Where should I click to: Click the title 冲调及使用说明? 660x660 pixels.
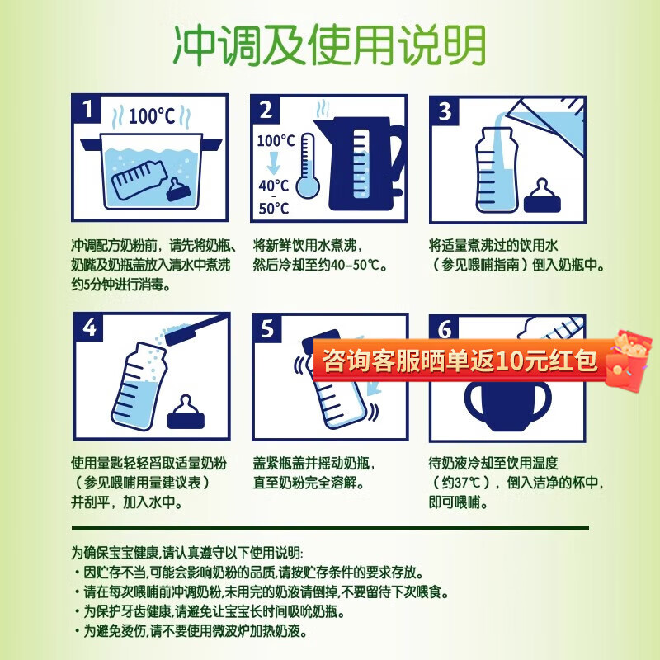pyautogui.click(x=329, y=47)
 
